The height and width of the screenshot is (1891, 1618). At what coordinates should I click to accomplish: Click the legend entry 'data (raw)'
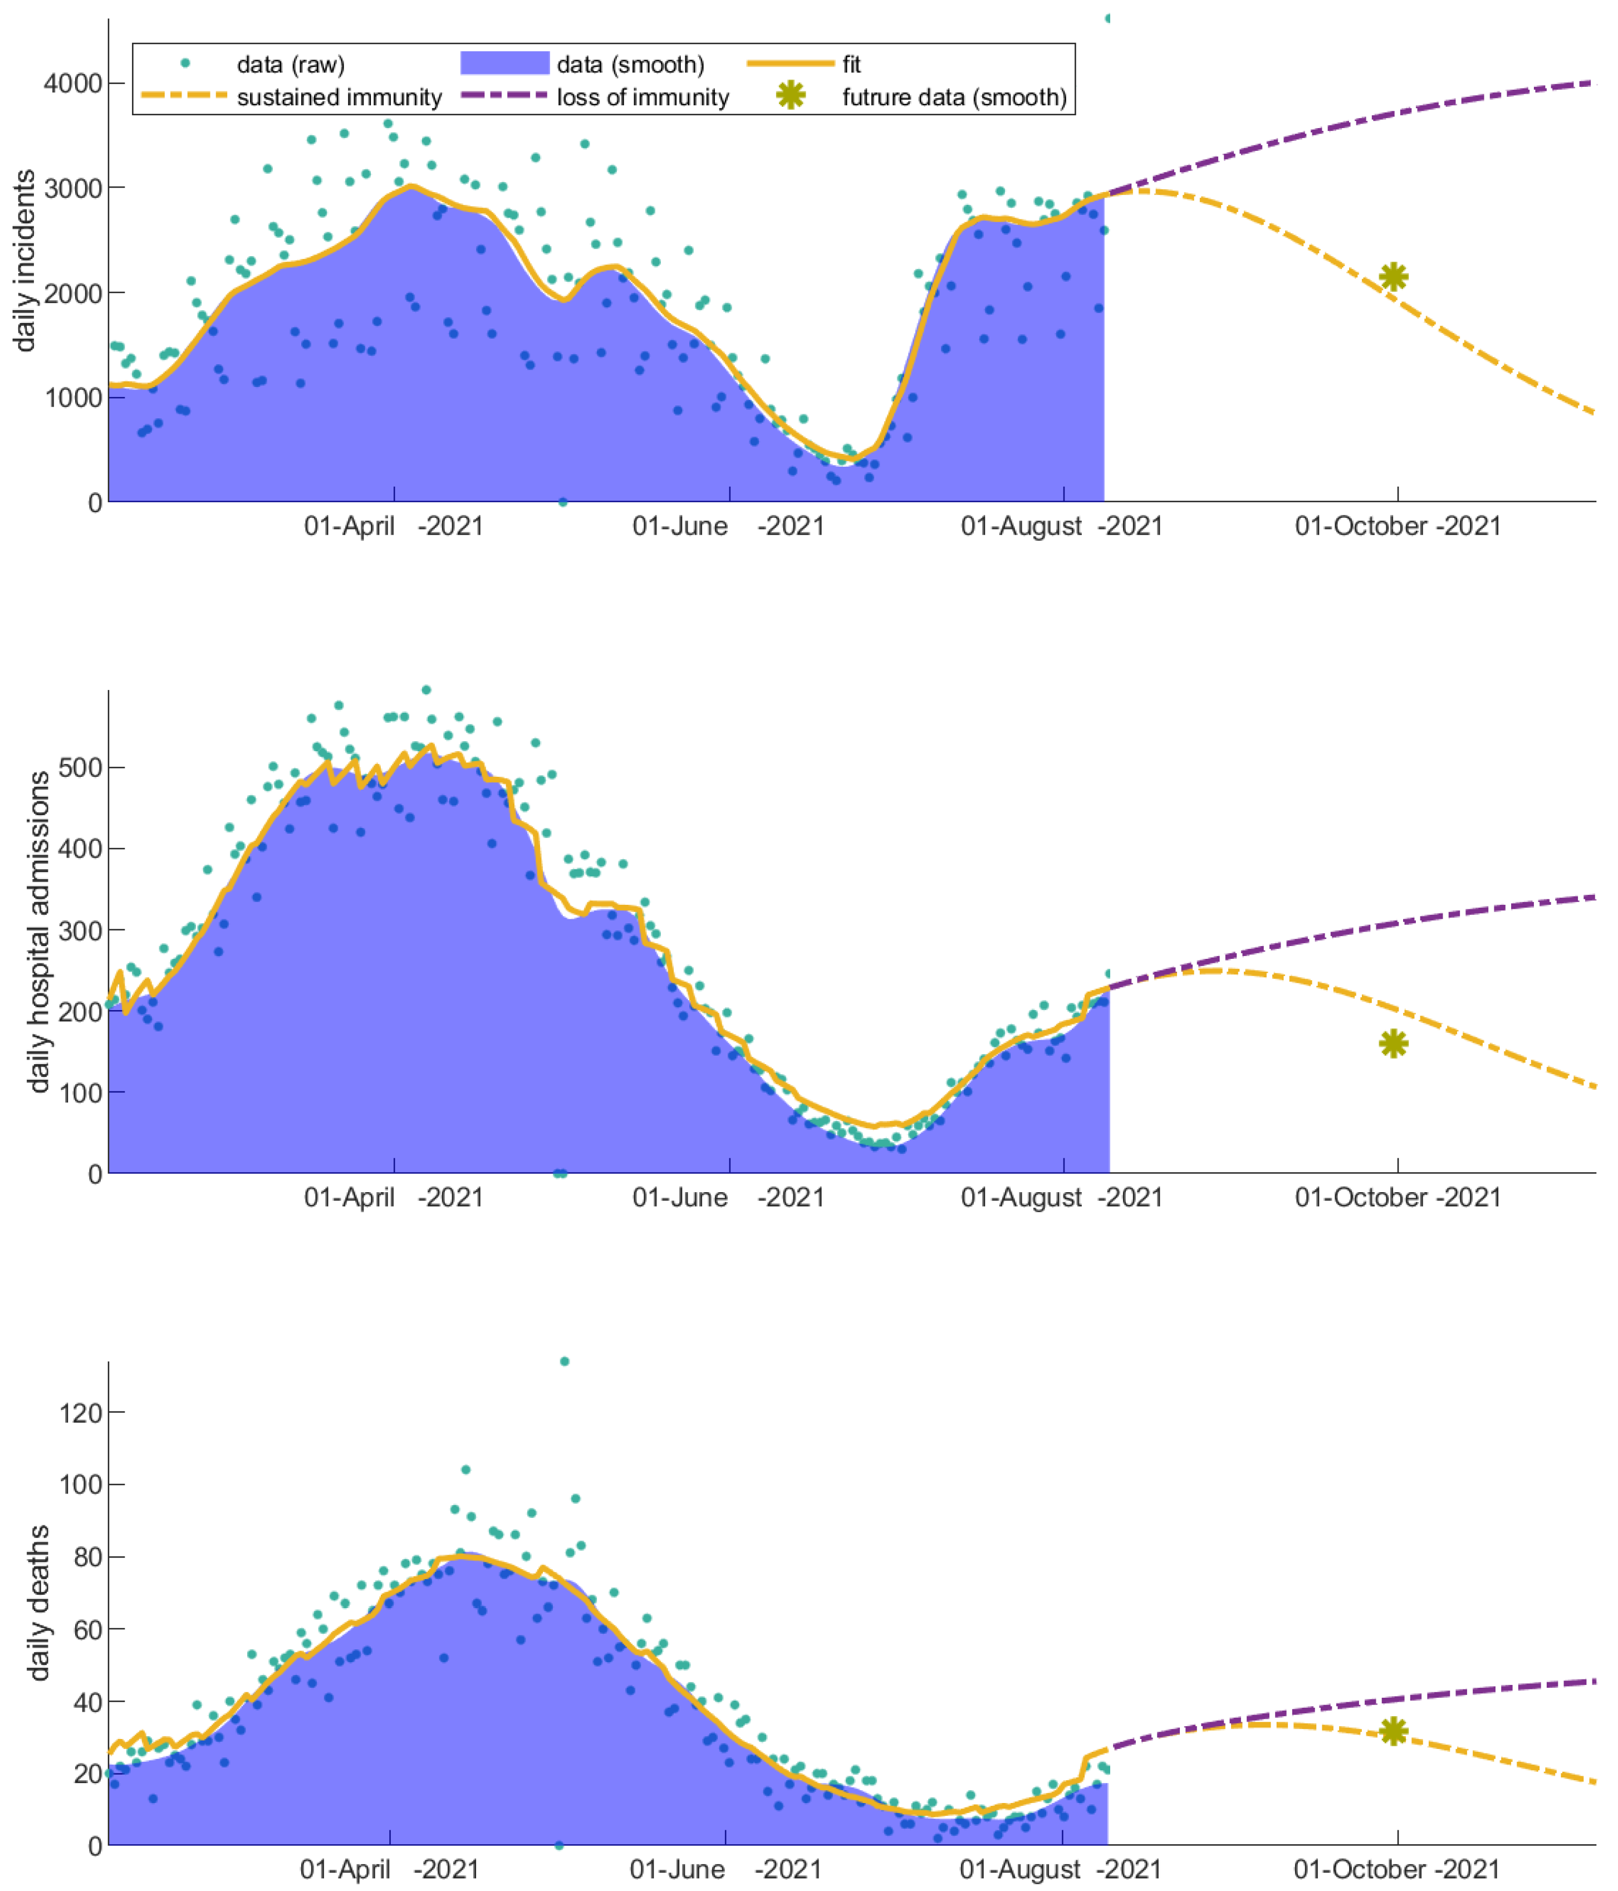click(x=290, y=65)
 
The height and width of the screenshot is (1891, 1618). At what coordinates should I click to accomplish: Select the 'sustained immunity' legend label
click(x=340, y=97)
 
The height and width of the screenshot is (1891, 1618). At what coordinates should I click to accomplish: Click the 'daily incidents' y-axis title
click(x=26, y=260)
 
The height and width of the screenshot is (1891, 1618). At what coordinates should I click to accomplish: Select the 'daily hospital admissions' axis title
click(x=38, y=932)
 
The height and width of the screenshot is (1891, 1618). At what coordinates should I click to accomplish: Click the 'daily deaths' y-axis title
click(x=38, y=1601)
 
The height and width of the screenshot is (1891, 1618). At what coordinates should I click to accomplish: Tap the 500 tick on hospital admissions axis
click(x=80, y=767)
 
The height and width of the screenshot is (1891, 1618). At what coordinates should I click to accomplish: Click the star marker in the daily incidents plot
click(x=1394, y=277)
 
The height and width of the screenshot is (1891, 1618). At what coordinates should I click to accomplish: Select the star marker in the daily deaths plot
click(x=1394, y=1731)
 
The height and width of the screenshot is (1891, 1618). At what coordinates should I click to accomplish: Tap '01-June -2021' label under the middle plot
click(x=727, y=1197)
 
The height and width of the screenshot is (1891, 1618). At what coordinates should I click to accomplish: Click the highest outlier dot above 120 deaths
click(x=564, y=1361)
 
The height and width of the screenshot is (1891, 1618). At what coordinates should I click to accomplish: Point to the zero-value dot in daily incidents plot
click(x=563, y=502)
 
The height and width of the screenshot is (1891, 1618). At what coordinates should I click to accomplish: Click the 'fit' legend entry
click(x=851, y=65)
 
